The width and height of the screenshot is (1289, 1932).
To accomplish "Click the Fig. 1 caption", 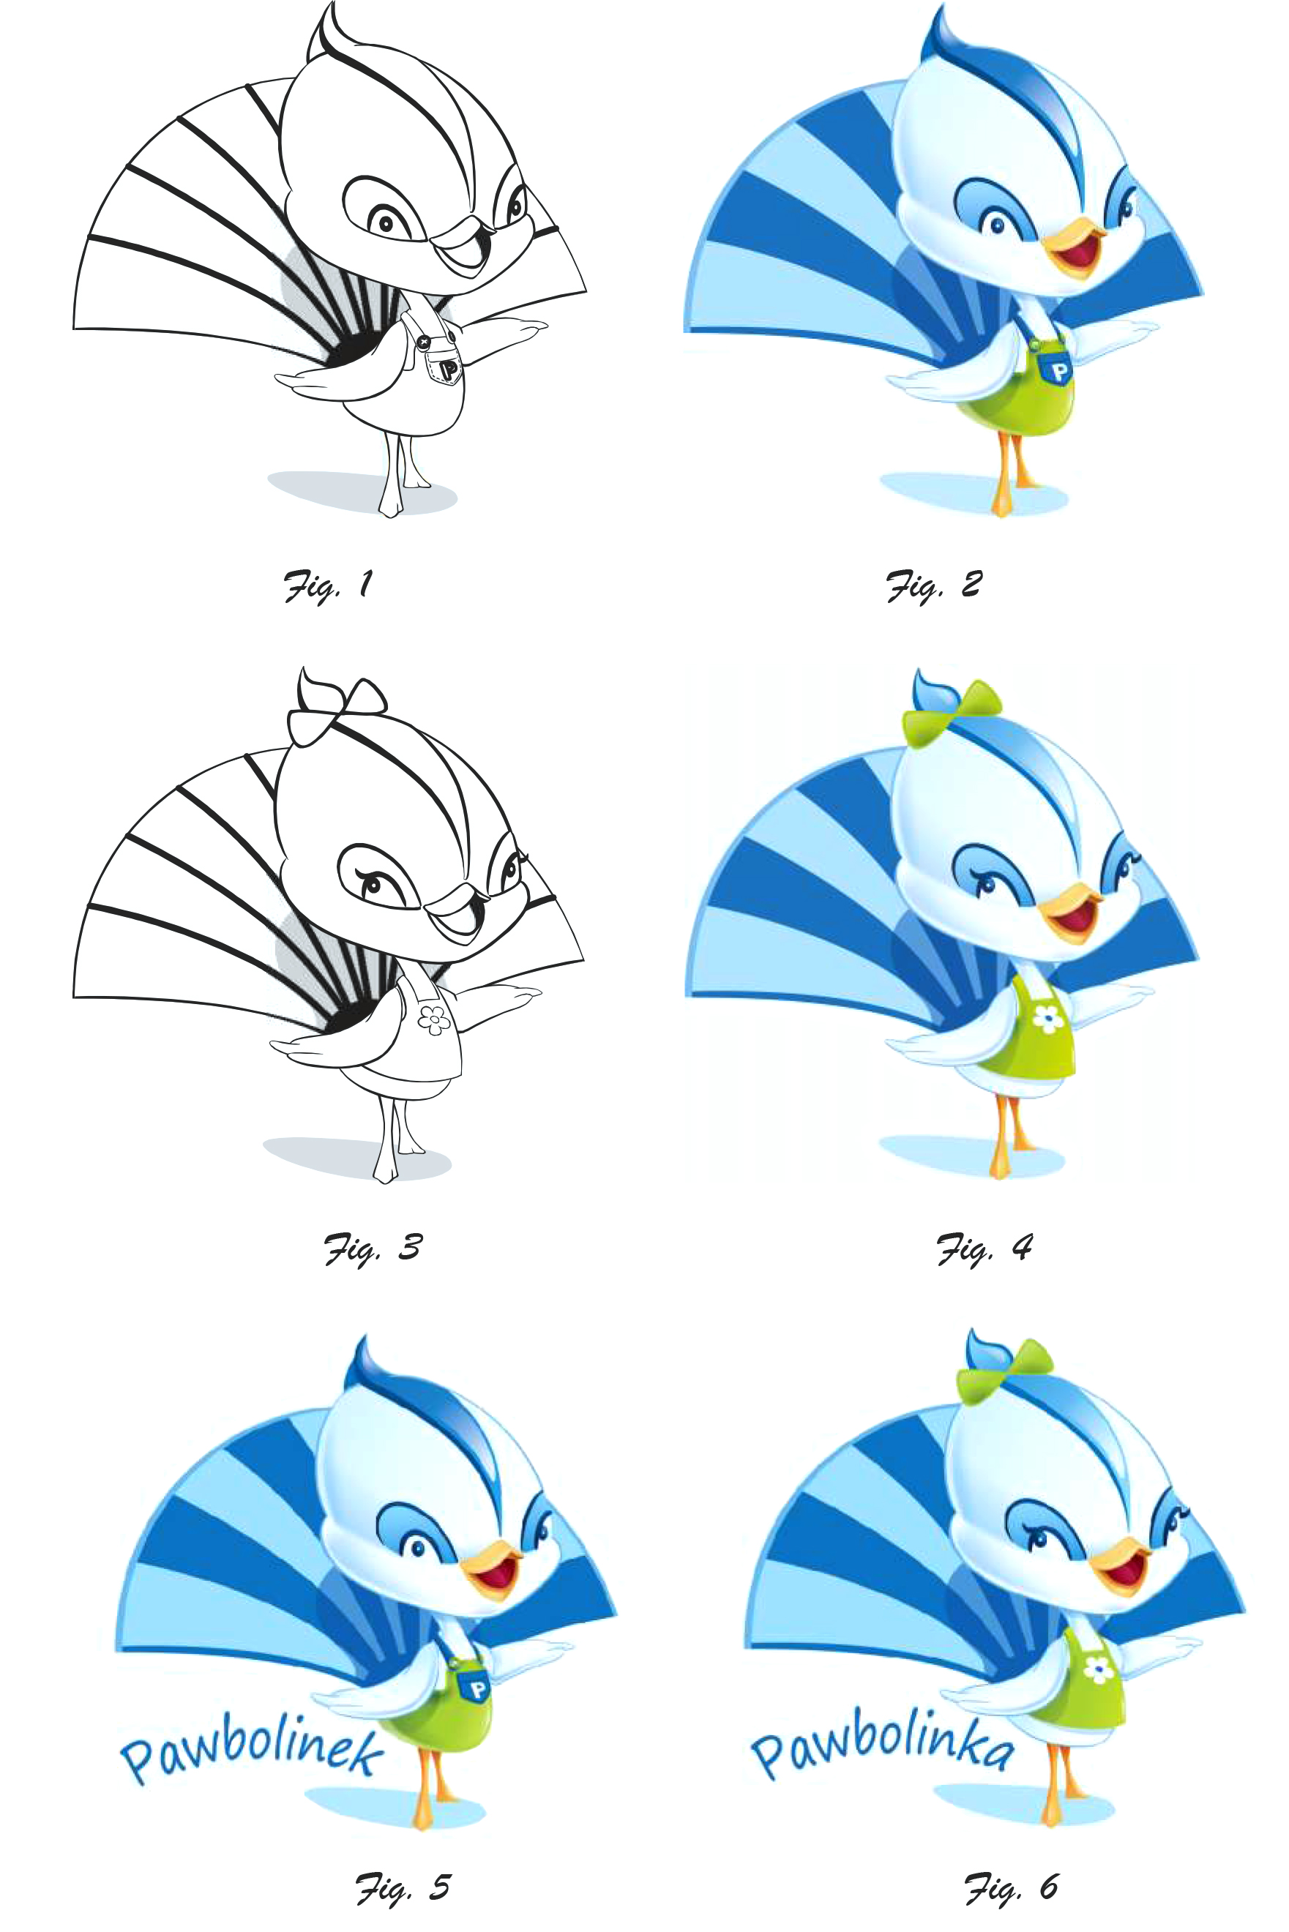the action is [x=328, y=586].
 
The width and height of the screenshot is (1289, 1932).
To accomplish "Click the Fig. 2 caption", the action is [x=934, y=586].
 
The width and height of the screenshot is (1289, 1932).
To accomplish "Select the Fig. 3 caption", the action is [x=373, y=1248].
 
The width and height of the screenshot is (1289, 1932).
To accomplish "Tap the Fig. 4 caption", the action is [x=985, y=1248].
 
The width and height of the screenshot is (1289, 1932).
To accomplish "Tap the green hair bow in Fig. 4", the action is [x=954, y=714].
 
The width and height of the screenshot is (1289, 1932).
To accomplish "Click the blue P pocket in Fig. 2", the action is [x=1057, y=369].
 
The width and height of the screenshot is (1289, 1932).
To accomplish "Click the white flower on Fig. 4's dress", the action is [x=1047, y=1019].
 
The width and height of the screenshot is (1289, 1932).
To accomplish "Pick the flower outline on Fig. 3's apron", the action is [x=434, y=1021].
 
